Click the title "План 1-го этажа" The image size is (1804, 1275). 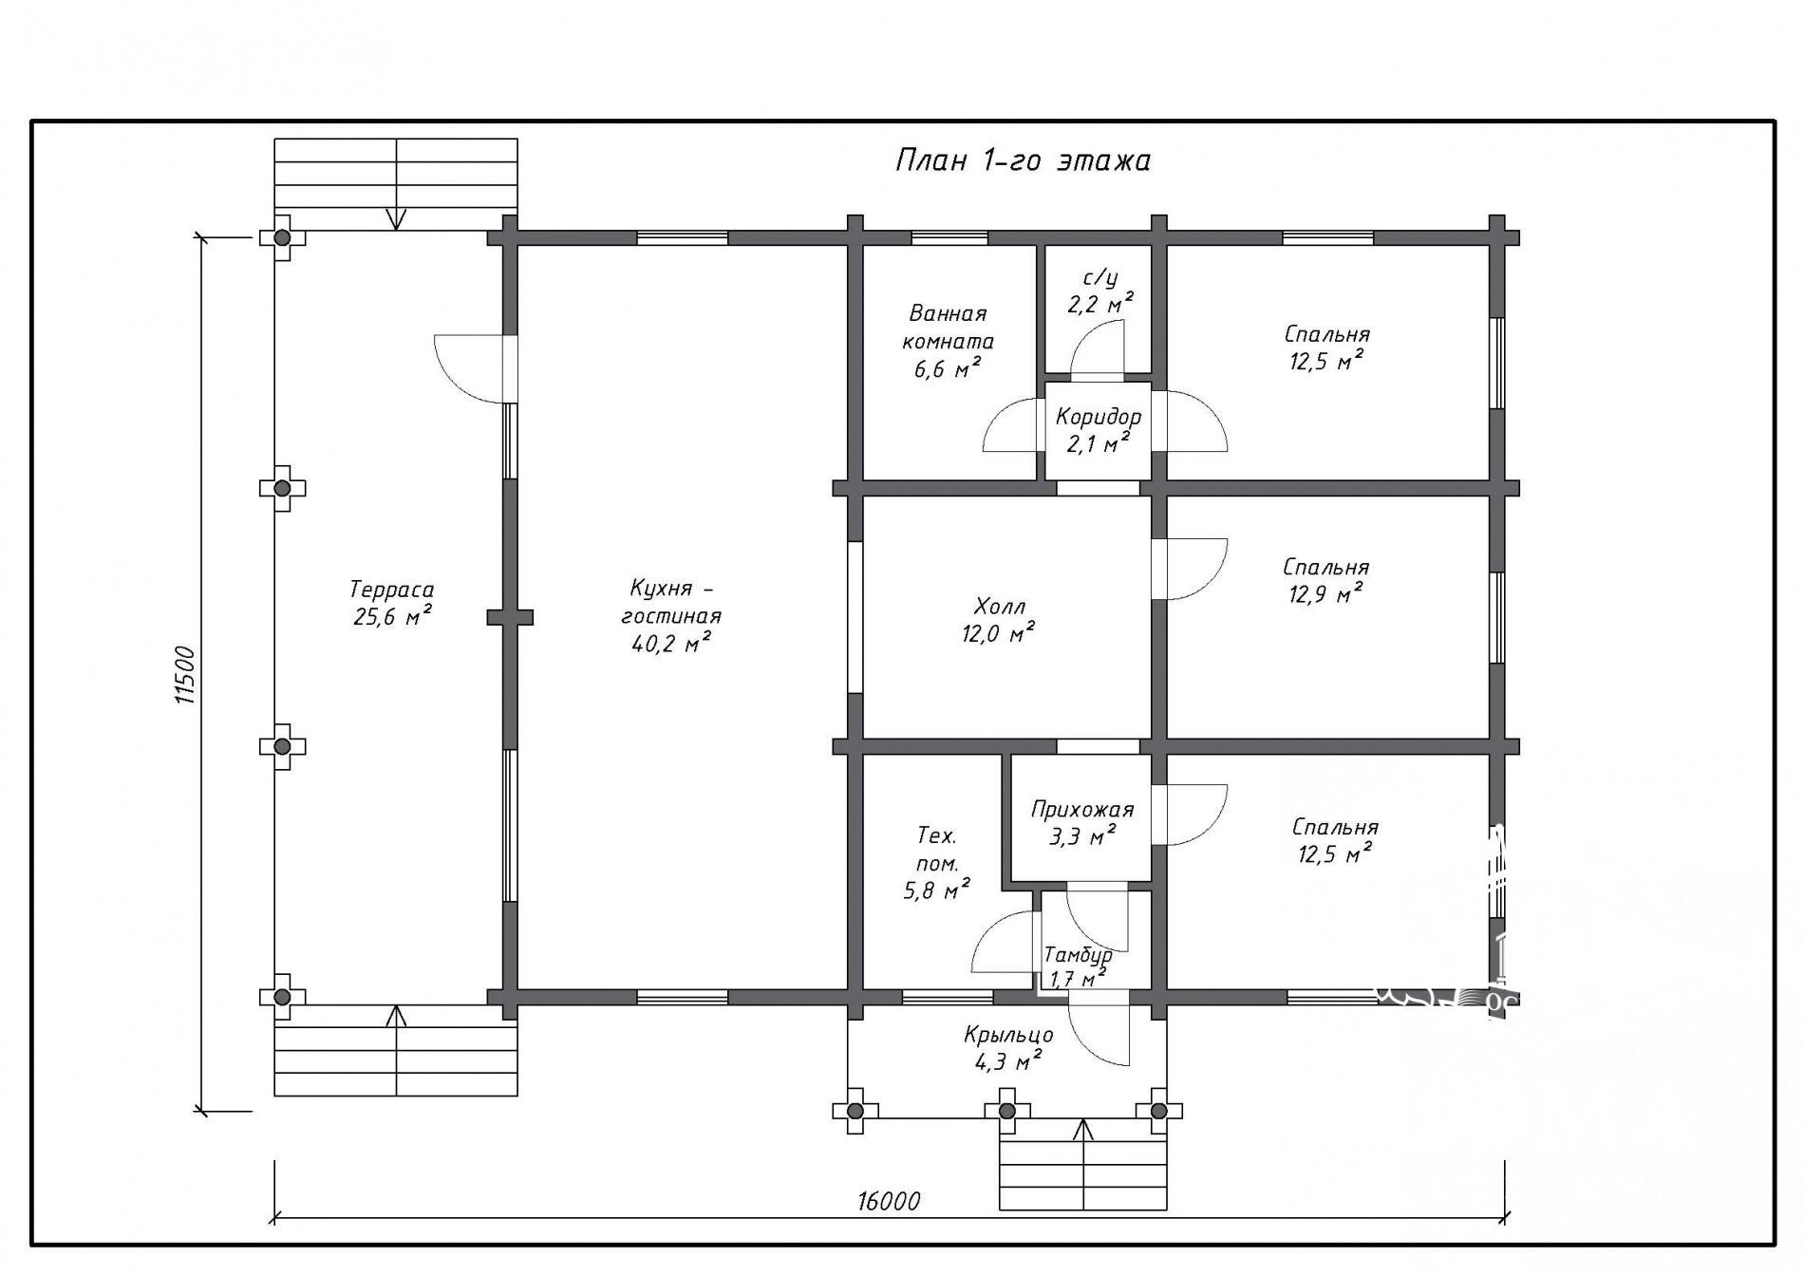[x=1023, y=160]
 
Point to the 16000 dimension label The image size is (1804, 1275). [x=889, y=1201]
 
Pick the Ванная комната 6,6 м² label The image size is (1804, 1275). [x=948, y=341]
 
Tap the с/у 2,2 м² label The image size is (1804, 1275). [x=1099, y=291]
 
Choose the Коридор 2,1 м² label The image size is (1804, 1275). [x=1099, y=430]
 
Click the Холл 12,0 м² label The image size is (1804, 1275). [x=999, y=620]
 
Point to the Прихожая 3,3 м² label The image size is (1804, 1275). [x=1082, y=822]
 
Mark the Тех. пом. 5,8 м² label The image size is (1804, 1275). [x=937, y=862]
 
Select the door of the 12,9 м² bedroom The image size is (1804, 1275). [x=1189, y=570]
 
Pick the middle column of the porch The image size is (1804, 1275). [x=1007, y=1111]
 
